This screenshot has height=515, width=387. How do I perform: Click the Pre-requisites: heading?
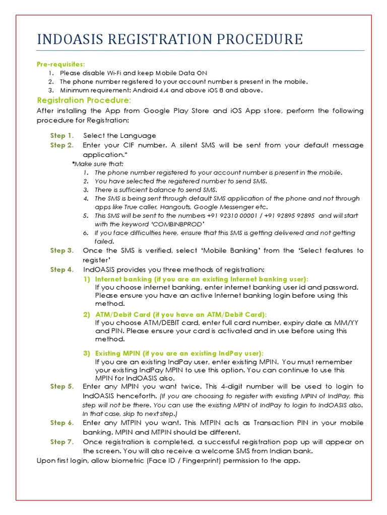click(x=60, y=64)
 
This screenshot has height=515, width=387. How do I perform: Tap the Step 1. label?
click(x=62, y=135)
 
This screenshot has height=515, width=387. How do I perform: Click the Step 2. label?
click(x=62, y=145)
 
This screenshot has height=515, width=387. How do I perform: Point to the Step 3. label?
click(x=62, y=250)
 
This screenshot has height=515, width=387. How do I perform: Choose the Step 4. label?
click(x=62, y=270)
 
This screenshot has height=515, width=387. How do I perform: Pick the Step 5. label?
click(x=62, y=386)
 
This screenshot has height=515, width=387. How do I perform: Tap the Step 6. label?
click(x=62, y=423)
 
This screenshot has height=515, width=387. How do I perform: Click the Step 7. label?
click(x=62, y=442)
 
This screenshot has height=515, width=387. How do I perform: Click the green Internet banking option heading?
click(x=202, y=279)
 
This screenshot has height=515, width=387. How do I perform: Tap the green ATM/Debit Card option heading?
click(x=180, y=314)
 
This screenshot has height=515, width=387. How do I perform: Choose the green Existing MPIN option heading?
click(x=179, y=353)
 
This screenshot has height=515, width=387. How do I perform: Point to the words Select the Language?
click(x=120, y=135)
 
